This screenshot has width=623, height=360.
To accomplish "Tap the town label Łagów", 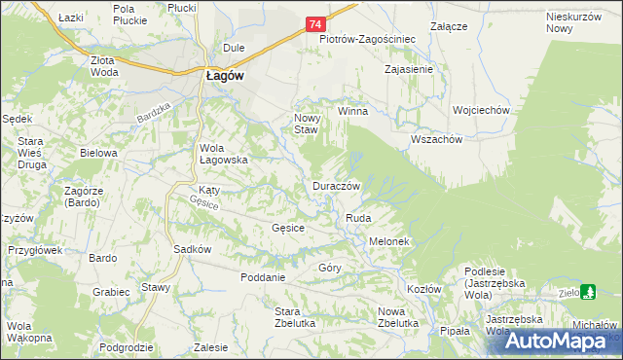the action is [224, 78].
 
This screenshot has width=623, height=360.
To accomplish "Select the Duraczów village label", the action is [337, 185].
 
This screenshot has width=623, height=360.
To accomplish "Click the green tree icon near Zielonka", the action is [588, 291].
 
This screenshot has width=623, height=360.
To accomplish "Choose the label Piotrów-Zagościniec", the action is [368, 40].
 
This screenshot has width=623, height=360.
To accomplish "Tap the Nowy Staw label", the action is [307, 123].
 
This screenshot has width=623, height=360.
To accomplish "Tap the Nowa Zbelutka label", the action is [397, 317].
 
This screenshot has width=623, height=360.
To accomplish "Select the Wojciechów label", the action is [481, 111].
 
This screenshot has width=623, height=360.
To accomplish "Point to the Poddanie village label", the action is [263, 277].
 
